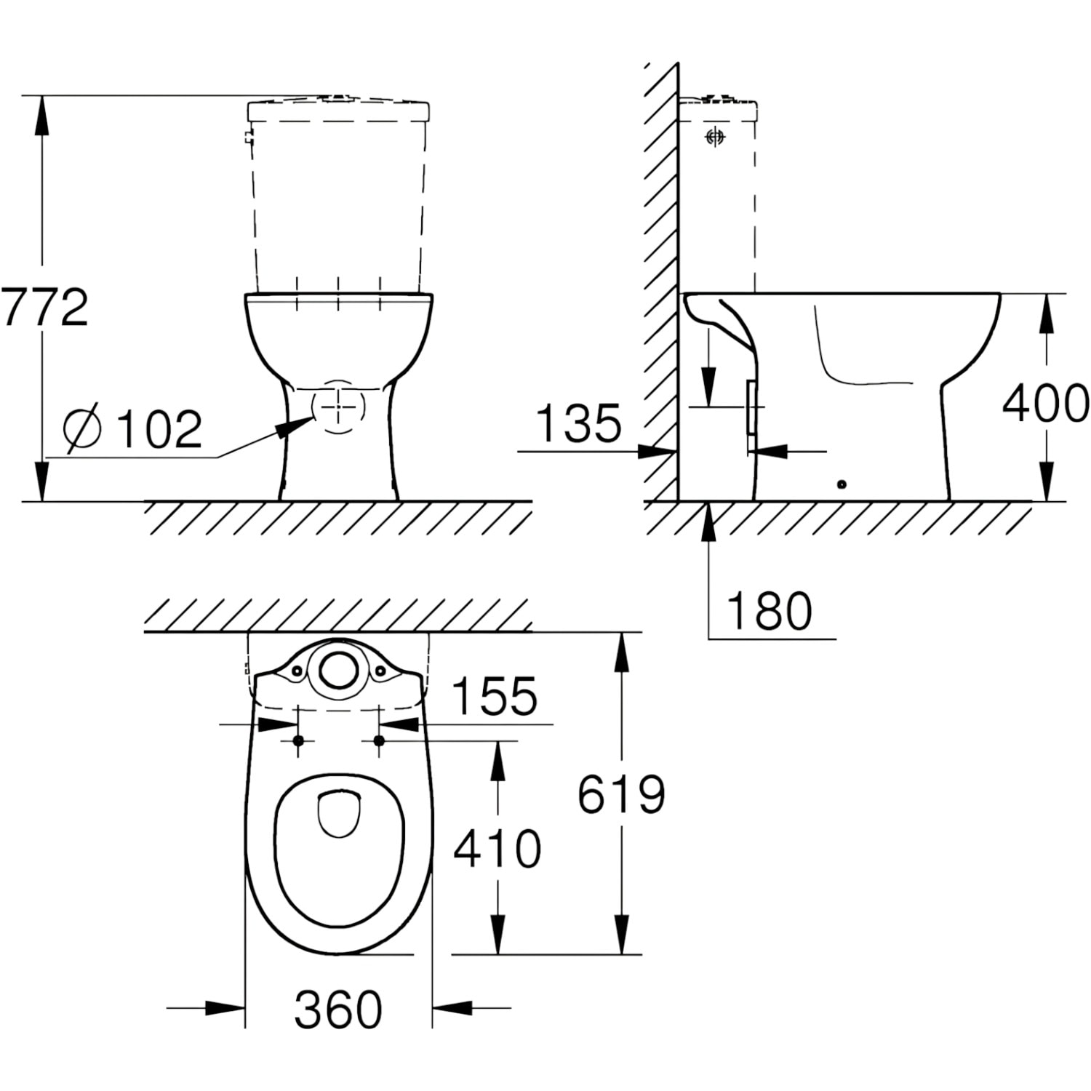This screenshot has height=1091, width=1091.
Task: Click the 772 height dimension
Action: point(45,307)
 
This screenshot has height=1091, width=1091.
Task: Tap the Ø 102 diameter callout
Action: point(132,428)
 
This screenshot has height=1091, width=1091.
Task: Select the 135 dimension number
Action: point(579,423)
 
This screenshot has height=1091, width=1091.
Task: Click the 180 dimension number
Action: point(769,610)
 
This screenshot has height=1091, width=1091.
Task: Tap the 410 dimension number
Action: point(497,848)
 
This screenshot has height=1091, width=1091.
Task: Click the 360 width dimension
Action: point(338,1009)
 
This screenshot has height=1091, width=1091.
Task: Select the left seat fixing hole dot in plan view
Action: point(297,740)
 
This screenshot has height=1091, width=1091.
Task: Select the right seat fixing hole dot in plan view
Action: point(378,740)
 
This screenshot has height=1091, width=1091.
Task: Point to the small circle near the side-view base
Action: point(842,484)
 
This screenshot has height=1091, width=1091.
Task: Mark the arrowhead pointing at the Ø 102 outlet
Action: point(295,426)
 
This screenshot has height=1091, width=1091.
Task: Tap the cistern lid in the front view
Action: point(338,111)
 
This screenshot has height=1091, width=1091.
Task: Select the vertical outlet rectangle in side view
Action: point(752,407)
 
